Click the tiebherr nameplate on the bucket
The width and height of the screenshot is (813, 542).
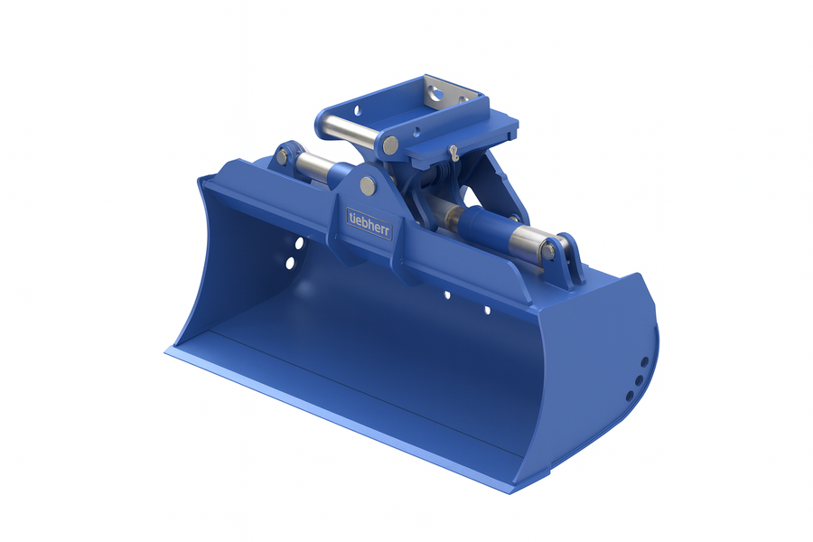click(369, 223)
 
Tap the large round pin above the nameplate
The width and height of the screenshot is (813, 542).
click(368, 184)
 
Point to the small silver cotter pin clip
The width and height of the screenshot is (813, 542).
click(454, 152)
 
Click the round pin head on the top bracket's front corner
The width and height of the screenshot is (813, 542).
click(391, 145)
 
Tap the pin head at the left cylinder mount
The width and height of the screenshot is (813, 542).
click(282, 156)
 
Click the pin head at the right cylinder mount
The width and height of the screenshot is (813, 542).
click(548, 251)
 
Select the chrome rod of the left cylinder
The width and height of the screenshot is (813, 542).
click(316, 166)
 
